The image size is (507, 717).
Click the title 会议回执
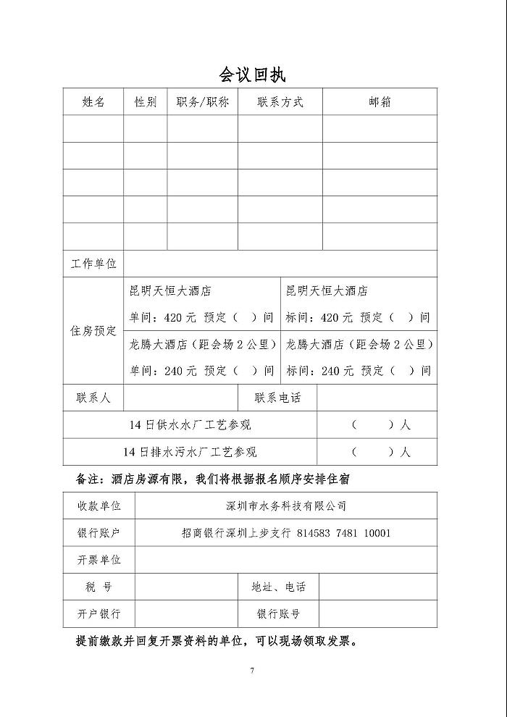point(253,75)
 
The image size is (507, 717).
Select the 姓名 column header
point(93,102)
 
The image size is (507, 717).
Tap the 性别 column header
point(146,102)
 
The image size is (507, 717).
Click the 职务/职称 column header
point(203,102)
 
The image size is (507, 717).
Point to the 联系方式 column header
point(280,102)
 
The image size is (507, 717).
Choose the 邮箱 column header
point(380,102)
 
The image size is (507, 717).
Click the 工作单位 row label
point(93,264)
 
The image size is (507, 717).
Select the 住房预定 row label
point(93,330)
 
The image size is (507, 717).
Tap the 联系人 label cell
point(93,398)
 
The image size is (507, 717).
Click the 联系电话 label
point(277,398)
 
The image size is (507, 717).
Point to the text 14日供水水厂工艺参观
point(190,425)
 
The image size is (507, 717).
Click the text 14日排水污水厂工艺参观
point(190,452)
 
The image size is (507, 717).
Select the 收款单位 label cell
point(99,506)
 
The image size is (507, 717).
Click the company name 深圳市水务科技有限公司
point(286,506)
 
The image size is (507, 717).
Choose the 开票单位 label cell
point(99,560)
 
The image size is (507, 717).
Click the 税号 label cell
point(99,587)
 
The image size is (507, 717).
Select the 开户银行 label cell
point(99,613)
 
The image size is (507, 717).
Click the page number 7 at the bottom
point(252,671)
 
